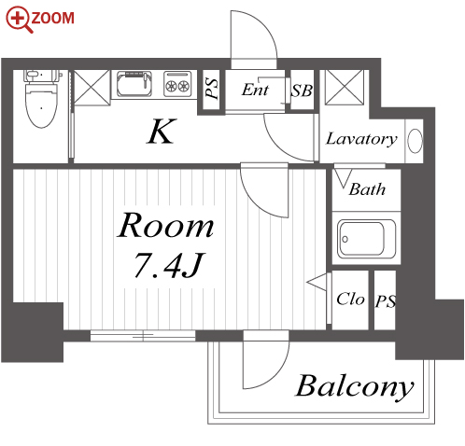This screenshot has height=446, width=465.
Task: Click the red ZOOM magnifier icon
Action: pyautogui.click(x=20, y=20)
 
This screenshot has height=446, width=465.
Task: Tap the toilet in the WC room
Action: pyautogui.click(x=42, y=99)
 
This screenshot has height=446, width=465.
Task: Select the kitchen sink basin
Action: pyautogui.click(x=134, y=84)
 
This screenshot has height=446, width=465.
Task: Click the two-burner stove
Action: pyautogui.click(x=177, y=83)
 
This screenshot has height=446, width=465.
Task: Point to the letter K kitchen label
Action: pyautogui.click(x=161, y=132)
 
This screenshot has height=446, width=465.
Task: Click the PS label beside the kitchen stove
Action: pyautogui.click(x=212, y=89)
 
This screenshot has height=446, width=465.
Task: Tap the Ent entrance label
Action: pyautogui.click(x=255, y=90)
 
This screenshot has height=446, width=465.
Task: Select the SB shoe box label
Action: pyautogui.click(x=302, y=91)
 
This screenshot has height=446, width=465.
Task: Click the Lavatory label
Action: pyautogui.click(x=361, y=139)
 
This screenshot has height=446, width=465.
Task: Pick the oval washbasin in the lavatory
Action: pyautogui.click(x=415, y=141)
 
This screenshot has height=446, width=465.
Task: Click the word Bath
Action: pyautogui.click(x=367, y=189)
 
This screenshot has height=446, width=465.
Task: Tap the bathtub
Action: pyautogui.click(x=367, y=239)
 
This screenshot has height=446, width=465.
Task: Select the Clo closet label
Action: pyautogui.click(x=350, y=299)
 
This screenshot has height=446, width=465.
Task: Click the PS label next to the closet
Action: pyautogui.click(x=386, y=301)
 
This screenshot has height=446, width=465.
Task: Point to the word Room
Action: pyautogui.click(x=165, y=225)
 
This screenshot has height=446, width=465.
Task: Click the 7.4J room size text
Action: pyautogui.click(x=169, y=265)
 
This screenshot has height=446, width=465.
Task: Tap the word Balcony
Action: pyautogui.click(x=355, y=386)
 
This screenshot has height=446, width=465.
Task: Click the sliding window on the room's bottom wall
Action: pyautogui.click(x=143, y=336)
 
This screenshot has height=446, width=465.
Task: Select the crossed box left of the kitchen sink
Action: pyautogui.click(x=92, y=88)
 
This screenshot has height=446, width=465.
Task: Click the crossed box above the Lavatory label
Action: pyautogui.click(x=345, y=87)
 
